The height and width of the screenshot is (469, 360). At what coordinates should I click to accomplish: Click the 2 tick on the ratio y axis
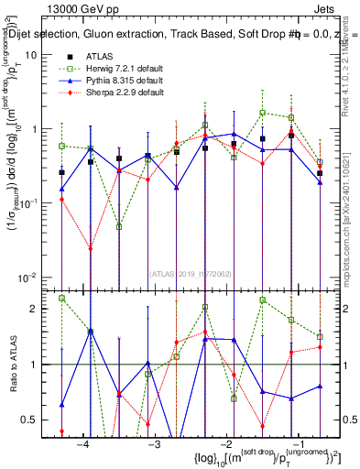tap(41, 309)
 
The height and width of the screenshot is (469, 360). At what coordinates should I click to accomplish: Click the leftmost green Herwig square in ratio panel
tap(61, 298)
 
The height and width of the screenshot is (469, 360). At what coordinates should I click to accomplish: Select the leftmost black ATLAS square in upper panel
tap(61, 172)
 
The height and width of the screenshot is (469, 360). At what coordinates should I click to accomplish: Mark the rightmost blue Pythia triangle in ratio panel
tap(320, 386)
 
